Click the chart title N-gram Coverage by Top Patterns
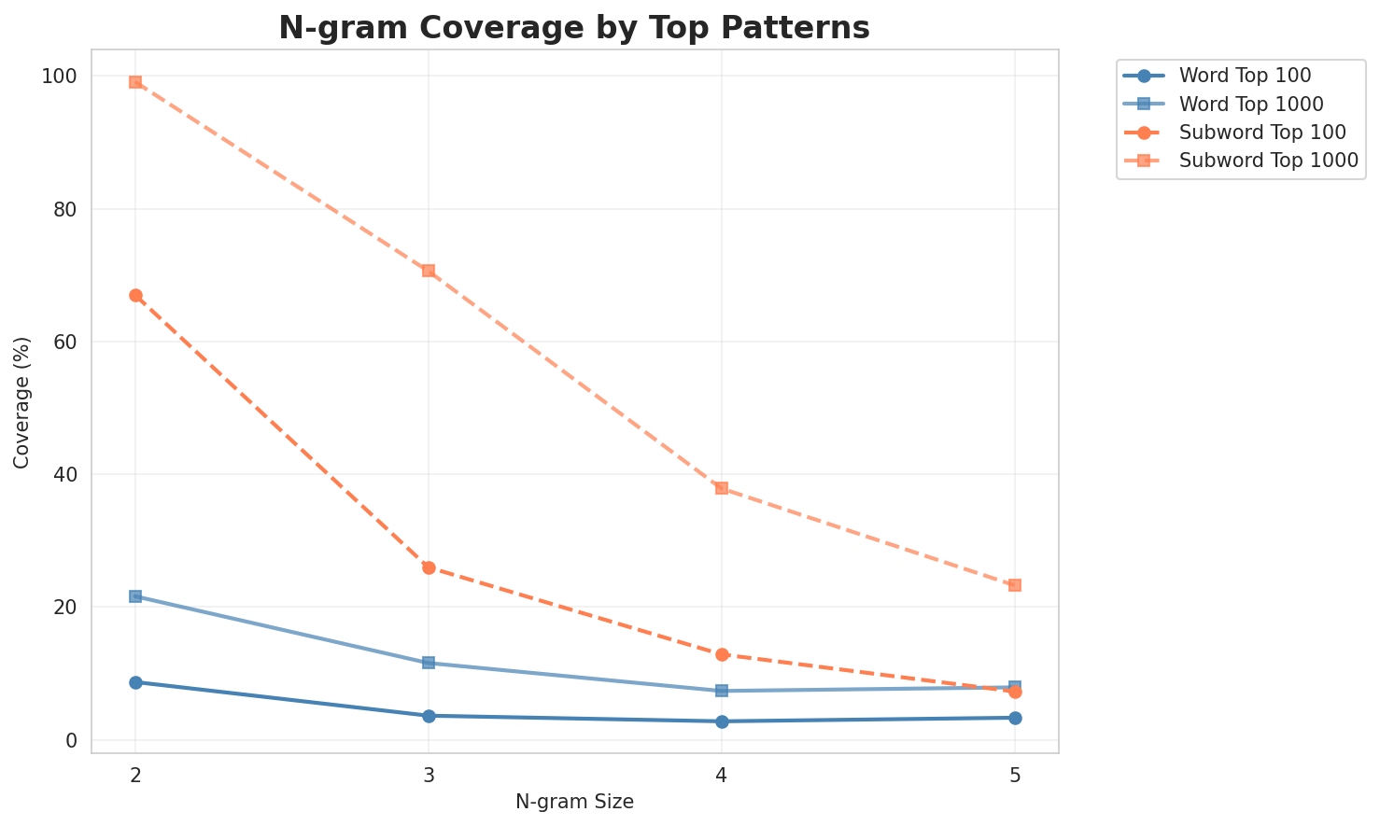coord(574,27)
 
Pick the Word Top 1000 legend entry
coord(1251,104)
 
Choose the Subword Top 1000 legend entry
coord(1267,161)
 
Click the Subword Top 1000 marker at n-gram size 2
coord(135,82)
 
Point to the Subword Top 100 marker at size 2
coord(135,295)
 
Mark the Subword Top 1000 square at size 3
coord(429,271)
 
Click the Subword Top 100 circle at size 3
coord(429,567)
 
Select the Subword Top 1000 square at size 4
coord(722,488)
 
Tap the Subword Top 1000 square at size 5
coord(1015,585)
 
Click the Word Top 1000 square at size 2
coord(135,596)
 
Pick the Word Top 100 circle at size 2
coord(135,682)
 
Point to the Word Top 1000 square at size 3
coord(429,663)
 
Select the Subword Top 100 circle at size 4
coord(722,654)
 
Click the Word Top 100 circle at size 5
coord(1015,718)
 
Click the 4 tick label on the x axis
coord(722,775)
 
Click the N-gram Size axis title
coord(574,802)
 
